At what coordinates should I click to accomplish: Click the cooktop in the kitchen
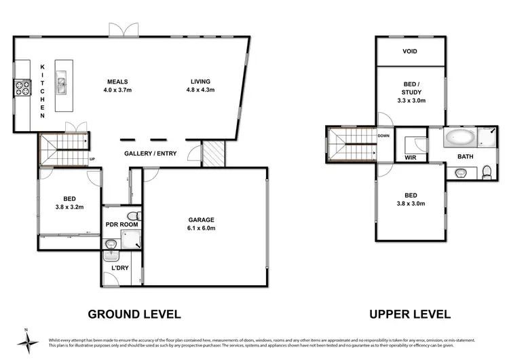20,88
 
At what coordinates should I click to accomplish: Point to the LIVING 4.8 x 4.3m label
201,85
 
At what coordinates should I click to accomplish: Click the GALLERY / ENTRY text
150,154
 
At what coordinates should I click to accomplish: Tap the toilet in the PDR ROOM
132,216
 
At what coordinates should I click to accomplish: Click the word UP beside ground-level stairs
93,160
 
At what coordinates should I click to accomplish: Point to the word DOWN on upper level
383,135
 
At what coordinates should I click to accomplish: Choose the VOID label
410,52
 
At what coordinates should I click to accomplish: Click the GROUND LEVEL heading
134,314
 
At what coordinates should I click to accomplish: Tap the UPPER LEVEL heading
410,314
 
